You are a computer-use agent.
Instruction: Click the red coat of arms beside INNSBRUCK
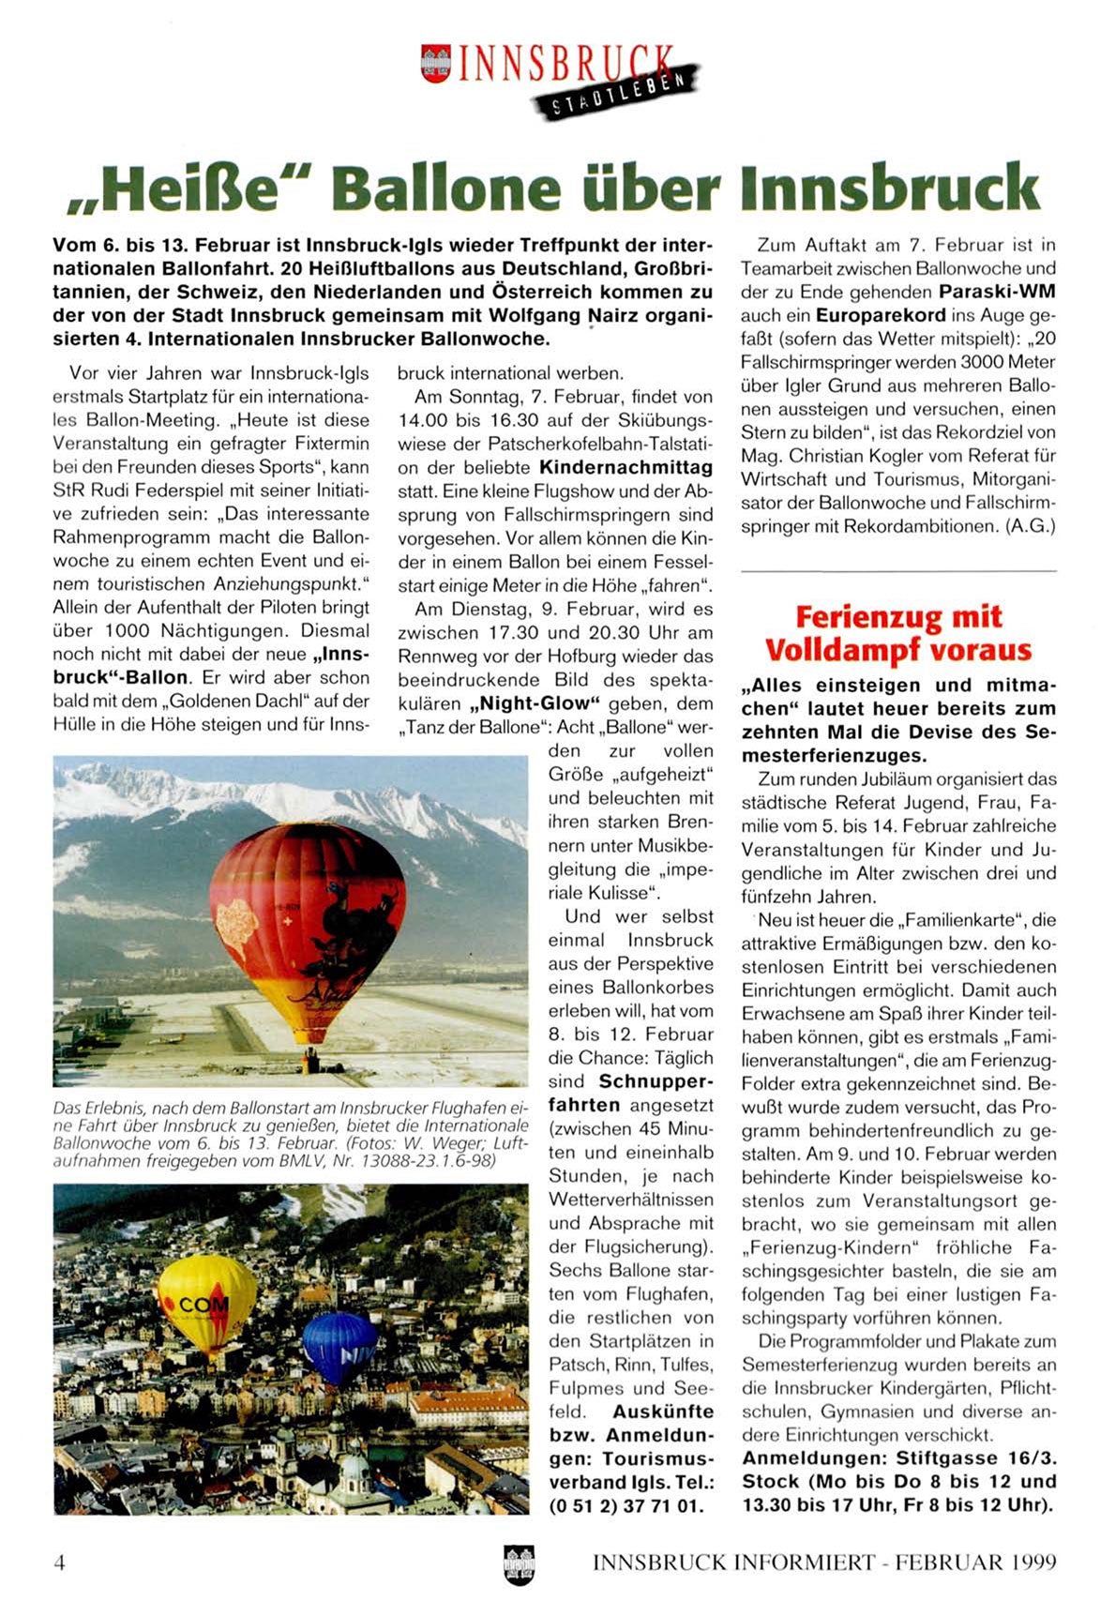[435, 63]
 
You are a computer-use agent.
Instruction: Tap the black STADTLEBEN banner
[617, 91]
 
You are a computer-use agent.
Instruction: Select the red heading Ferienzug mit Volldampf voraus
[897, 633]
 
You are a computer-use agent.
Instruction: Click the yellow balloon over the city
[206, 1303]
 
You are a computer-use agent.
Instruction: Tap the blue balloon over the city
[339, 1346]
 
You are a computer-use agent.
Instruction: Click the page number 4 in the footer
[60, 1562]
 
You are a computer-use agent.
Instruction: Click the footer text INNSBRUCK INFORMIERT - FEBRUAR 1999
[824, 1563]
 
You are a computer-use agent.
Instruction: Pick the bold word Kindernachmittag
[625, 467]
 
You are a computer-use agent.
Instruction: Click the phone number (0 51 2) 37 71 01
[626, 1506]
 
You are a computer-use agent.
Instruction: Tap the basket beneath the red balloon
[310, 1062]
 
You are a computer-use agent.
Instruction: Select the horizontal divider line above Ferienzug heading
[897, 571]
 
